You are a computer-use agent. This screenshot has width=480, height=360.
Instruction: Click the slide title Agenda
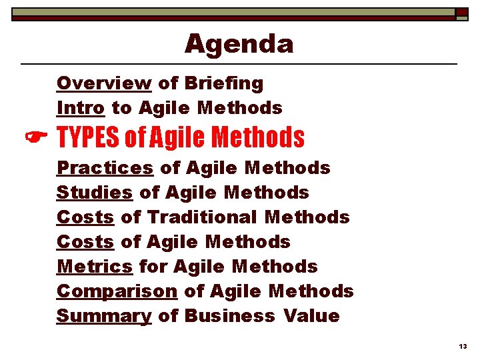239,44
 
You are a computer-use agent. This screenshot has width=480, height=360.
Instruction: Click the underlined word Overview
104,83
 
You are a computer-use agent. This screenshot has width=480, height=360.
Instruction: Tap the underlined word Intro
80,107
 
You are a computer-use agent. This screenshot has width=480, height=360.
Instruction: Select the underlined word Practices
105,168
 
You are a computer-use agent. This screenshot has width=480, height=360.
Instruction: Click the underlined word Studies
95,193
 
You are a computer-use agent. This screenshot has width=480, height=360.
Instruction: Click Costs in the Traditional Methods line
85,217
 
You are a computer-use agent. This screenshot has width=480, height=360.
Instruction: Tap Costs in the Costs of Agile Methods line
85,242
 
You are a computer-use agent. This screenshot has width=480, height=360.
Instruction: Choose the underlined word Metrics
95,267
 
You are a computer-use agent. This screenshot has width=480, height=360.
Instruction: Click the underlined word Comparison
117,291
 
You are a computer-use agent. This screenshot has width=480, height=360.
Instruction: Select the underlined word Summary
104,316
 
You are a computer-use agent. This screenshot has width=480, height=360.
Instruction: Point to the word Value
311,316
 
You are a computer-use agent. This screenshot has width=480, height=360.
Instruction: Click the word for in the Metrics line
153,267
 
